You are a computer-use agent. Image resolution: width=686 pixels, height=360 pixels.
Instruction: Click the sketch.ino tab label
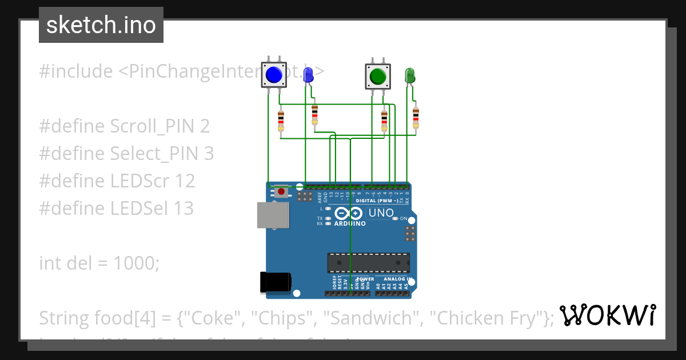click(101, 25)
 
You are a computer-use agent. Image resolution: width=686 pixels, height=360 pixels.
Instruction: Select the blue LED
click(308, 74)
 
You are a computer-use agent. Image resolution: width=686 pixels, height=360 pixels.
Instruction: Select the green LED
click(409, 75)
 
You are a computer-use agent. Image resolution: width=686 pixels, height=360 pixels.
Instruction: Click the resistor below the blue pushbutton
click(281, 121)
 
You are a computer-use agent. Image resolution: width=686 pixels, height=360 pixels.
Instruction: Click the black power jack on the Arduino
click(276, 282)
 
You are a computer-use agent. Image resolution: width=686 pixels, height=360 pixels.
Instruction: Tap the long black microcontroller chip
click(368, 262)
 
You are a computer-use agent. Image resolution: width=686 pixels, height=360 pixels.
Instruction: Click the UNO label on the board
click(381, 213)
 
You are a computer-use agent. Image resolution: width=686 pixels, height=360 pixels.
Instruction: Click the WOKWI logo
click(607, 315)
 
